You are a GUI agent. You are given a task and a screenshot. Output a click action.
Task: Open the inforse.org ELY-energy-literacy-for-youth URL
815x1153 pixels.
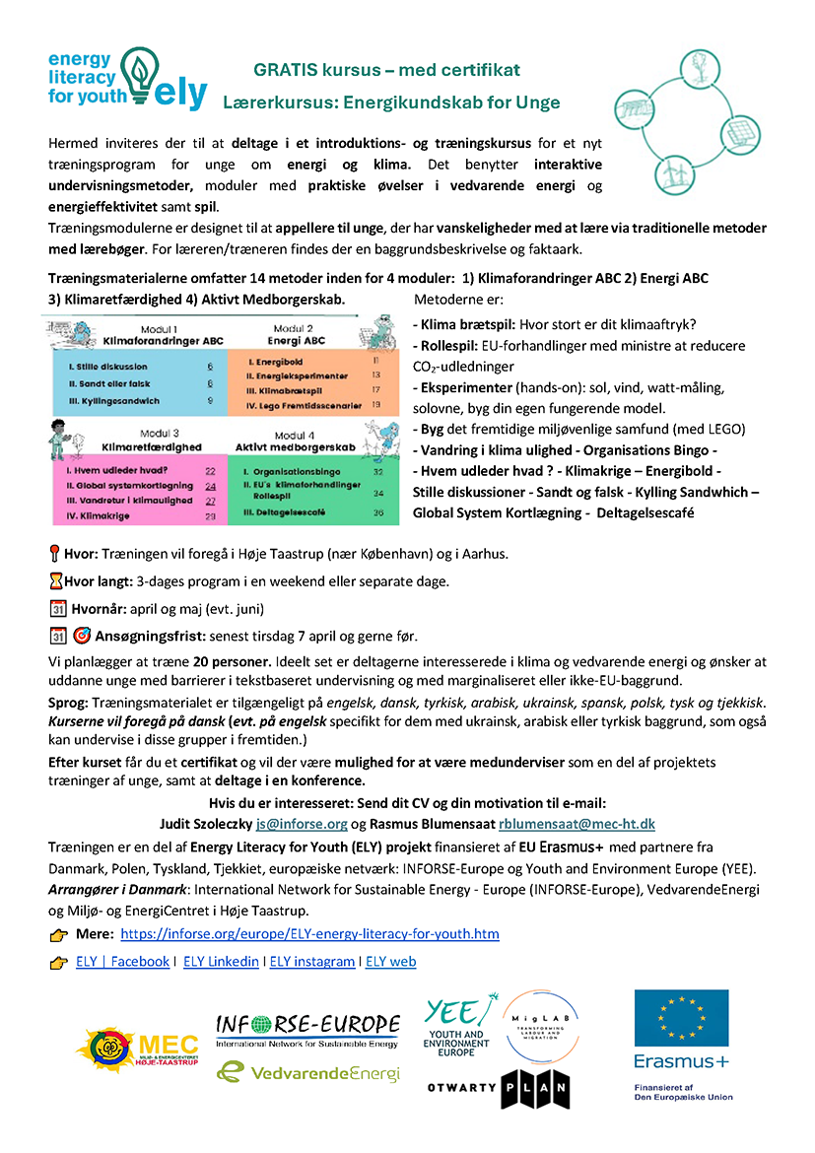(x=309, y=933)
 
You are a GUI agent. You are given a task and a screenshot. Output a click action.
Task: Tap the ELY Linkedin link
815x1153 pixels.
(x=221, y=962)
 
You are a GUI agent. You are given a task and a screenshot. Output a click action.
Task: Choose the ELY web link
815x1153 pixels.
(x=391, y=962)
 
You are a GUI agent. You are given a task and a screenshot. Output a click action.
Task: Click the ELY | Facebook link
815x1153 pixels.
(x=122, y=962)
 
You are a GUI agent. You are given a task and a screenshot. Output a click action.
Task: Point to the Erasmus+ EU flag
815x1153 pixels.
(x=681, y=1019)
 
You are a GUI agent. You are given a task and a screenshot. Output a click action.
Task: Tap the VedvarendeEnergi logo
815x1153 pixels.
(x=308, y=1072)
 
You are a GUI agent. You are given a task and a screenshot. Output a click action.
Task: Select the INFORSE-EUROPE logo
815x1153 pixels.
(x=307, y=1029)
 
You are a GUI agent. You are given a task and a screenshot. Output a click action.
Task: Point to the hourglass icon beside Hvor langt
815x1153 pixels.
(x=55, y=581)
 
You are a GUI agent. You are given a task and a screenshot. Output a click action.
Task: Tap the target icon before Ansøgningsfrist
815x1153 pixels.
(x=82, y=637)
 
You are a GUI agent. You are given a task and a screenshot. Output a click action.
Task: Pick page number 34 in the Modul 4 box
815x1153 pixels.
(x=377, y=493)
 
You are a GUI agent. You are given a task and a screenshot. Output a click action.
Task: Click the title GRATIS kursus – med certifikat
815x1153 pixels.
(x=386, y=70)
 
